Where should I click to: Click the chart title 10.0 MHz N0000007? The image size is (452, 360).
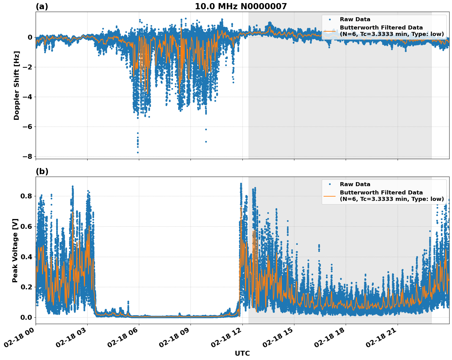click(x=241, y=6)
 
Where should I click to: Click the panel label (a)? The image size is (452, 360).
click(x=42, y=6)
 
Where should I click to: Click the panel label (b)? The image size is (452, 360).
click(x=42, y=171)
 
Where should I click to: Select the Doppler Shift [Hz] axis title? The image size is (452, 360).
click(x=17, y=85)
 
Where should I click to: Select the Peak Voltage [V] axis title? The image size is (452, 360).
click(x=15, y=250)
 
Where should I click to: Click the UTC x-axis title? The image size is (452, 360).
click(x=242, y=353)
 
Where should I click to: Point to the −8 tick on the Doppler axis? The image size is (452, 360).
click(x=27, y=156)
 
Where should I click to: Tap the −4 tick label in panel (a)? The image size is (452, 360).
click(x=27, y=97)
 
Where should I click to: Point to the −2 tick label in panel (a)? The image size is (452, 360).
click(x=27, y=67)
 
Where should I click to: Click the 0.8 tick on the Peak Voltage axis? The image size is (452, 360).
click(x=26, y=196)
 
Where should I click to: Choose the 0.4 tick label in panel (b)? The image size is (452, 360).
click(x=26, y=256)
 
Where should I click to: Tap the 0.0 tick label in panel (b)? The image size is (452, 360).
click(x=26, y=317)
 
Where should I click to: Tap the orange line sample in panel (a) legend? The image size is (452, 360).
click(x=330, y=31)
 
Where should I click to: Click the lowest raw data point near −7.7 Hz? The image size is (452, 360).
click(x=138, y=152)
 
